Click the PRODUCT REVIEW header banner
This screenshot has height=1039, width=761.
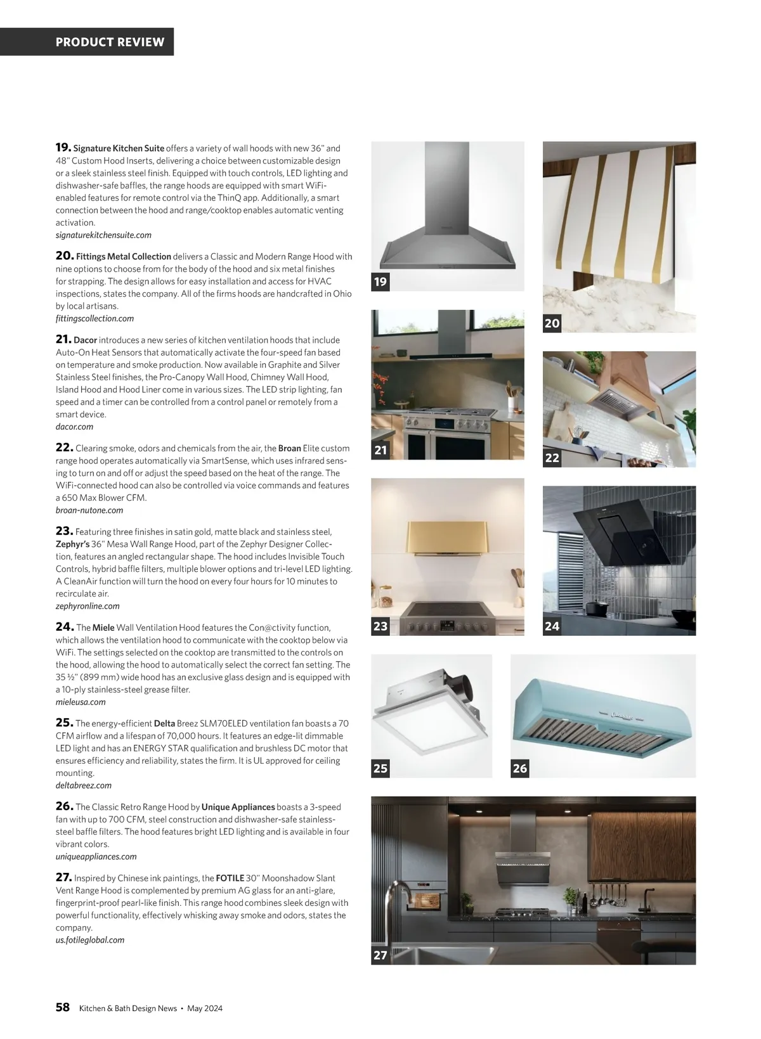point(110,42)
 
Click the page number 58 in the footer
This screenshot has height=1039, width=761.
point(62,1007)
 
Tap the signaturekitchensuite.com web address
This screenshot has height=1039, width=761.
point(103,235)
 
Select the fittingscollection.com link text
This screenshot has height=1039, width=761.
point(94,318)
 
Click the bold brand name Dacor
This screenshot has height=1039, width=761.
point(85,340)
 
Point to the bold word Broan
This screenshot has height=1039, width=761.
point(289,448)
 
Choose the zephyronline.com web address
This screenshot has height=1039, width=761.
point(88,606)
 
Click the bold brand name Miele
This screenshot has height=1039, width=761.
point(103,628)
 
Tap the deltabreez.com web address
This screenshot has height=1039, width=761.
point(83,785)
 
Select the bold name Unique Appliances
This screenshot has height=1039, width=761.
point(238,807)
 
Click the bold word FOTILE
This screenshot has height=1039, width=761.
point(230,878)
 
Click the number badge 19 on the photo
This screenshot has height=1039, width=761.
point(380,281)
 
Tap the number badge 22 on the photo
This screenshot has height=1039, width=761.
point(552,458)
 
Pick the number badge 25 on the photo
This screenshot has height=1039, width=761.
point(380,768)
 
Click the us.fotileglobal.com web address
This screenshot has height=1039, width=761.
point(90,940)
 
